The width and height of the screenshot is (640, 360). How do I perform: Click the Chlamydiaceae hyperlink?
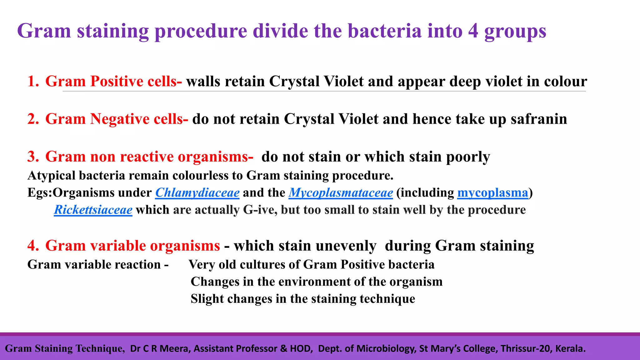point(197,192)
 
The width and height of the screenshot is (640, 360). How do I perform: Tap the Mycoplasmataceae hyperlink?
point(341,192)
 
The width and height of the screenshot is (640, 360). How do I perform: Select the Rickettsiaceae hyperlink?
point(93,210)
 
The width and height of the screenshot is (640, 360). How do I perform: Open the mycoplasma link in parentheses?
point(492,192)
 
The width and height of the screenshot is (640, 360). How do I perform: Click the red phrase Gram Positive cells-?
point(113,81)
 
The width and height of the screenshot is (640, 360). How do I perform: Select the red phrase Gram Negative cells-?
point(117,119)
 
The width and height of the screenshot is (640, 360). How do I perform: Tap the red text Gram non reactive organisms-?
point(149,157)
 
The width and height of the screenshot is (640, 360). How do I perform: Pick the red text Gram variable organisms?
point(132,246)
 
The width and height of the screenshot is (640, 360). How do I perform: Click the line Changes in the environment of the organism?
point(316,282)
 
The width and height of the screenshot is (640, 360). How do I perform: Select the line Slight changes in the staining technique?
point(302,299)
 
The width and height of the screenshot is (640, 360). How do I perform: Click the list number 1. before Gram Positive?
point(33,81)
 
